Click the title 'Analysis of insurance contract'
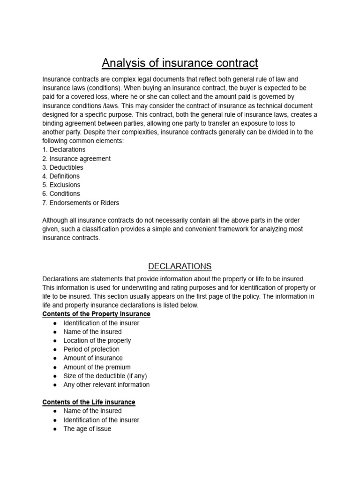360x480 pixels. [x=180, y=63]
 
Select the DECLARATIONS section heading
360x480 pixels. [x=180, y=266]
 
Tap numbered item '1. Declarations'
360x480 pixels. [x=64, y=150]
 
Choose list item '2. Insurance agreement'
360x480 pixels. [x=76, y=158]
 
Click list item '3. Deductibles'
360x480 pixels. [x=63, y=167]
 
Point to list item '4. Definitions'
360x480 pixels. [x=61, y=176]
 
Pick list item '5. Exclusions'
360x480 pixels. [x=61, y=185]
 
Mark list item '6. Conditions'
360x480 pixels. [x=61, y=194]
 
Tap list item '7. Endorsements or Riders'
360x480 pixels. [x=81, y=202]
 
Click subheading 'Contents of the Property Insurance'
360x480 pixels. [x=96, y=314]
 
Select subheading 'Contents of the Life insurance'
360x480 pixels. [x=89, y=402]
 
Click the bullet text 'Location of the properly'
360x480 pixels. [x=97, y=340]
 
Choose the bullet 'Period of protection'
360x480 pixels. [x=91, y=349]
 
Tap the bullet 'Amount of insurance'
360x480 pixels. [x=93, y=358]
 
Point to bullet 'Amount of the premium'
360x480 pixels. [x=97, y=367]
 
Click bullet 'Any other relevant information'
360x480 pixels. [x=106, y=385]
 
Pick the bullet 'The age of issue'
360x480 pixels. [x=87, y=429]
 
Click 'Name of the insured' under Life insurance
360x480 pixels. [x=92, y=411]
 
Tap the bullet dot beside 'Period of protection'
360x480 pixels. [x=55, y=349]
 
